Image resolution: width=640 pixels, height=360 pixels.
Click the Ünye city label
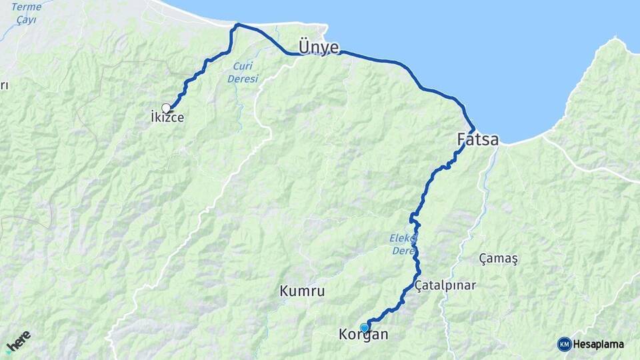tap(319, 47)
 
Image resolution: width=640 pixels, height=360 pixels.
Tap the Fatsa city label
tap(478, 140)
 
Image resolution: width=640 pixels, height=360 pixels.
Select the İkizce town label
tap(167, 118)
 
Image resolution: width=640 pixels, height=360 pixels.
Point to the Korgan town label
tap(363, 335)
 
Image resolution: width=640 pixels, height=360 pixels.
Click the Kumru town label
tap(302, 291)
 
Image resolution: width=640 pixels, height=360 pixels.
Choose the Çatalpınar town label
tap(445, 285)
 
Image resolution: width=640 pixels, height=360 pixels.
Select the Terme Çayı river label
tap(27, 13)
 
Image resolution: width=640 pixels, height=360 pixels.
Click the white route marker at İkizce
tap(166, 108)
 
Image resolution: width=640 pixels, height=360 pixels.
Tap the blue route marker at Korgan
tap(364, 327)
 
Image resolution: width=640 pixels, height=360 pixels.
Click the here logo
tap(18, 341)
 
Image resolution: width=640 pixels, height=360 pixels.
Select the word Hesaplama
tap(599, 344)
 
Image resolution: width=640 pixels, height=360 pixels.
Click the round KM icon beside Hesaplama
tap(564, 344)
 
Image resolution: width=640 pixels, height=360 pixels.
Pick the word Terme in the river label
tap(27, 7)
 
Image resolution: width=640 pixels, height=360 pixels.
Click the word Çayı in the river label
tap(27, 19)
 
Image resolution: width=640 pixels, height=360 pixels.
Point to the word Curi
tap(243, 65)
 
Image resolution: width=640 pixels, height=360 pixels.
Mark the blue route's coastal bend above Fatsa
tap(473, 127)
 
